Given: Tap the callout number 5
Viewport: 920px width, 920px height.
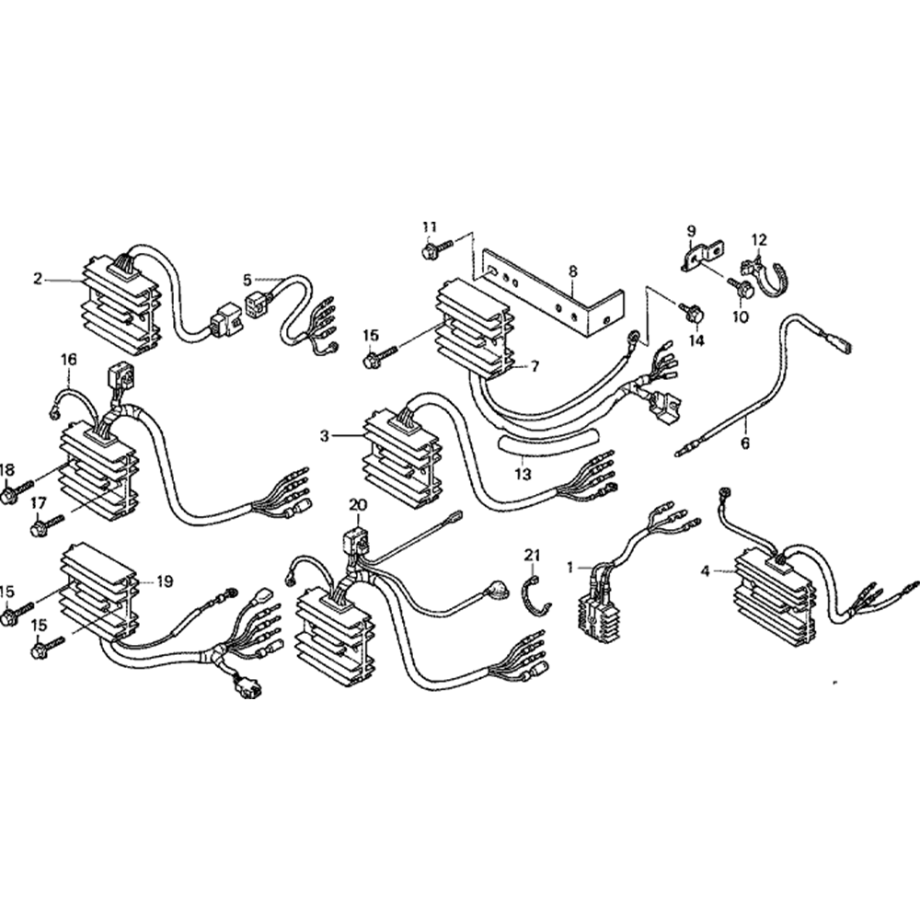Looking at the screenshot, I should coord(247,279).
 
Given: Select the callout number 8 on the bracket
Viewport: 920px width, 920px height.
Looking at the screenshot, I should coord(572,271).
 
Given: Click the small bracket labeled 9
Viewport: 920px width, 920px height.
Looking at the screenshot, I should coord(702,257).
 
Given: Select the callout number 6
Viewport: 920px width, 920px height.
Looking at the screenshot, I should coord(745,443).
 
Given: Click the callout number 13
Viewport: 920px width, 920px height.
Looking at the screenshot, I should coord(523,474).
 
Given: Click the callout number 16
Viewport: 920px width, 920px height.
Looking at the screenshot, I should coord(68,359).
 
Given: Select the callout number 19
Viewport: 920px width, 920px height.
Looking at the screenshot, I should coord(164,581).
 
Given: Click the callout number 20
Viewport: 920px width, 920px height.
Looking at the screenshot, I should coord(357,505).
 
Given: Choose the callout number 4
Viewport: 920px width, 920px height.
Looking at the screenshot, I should coord(705,570).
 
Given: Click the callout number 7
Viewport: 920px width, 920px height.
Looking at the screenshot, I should coord(533,366).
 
